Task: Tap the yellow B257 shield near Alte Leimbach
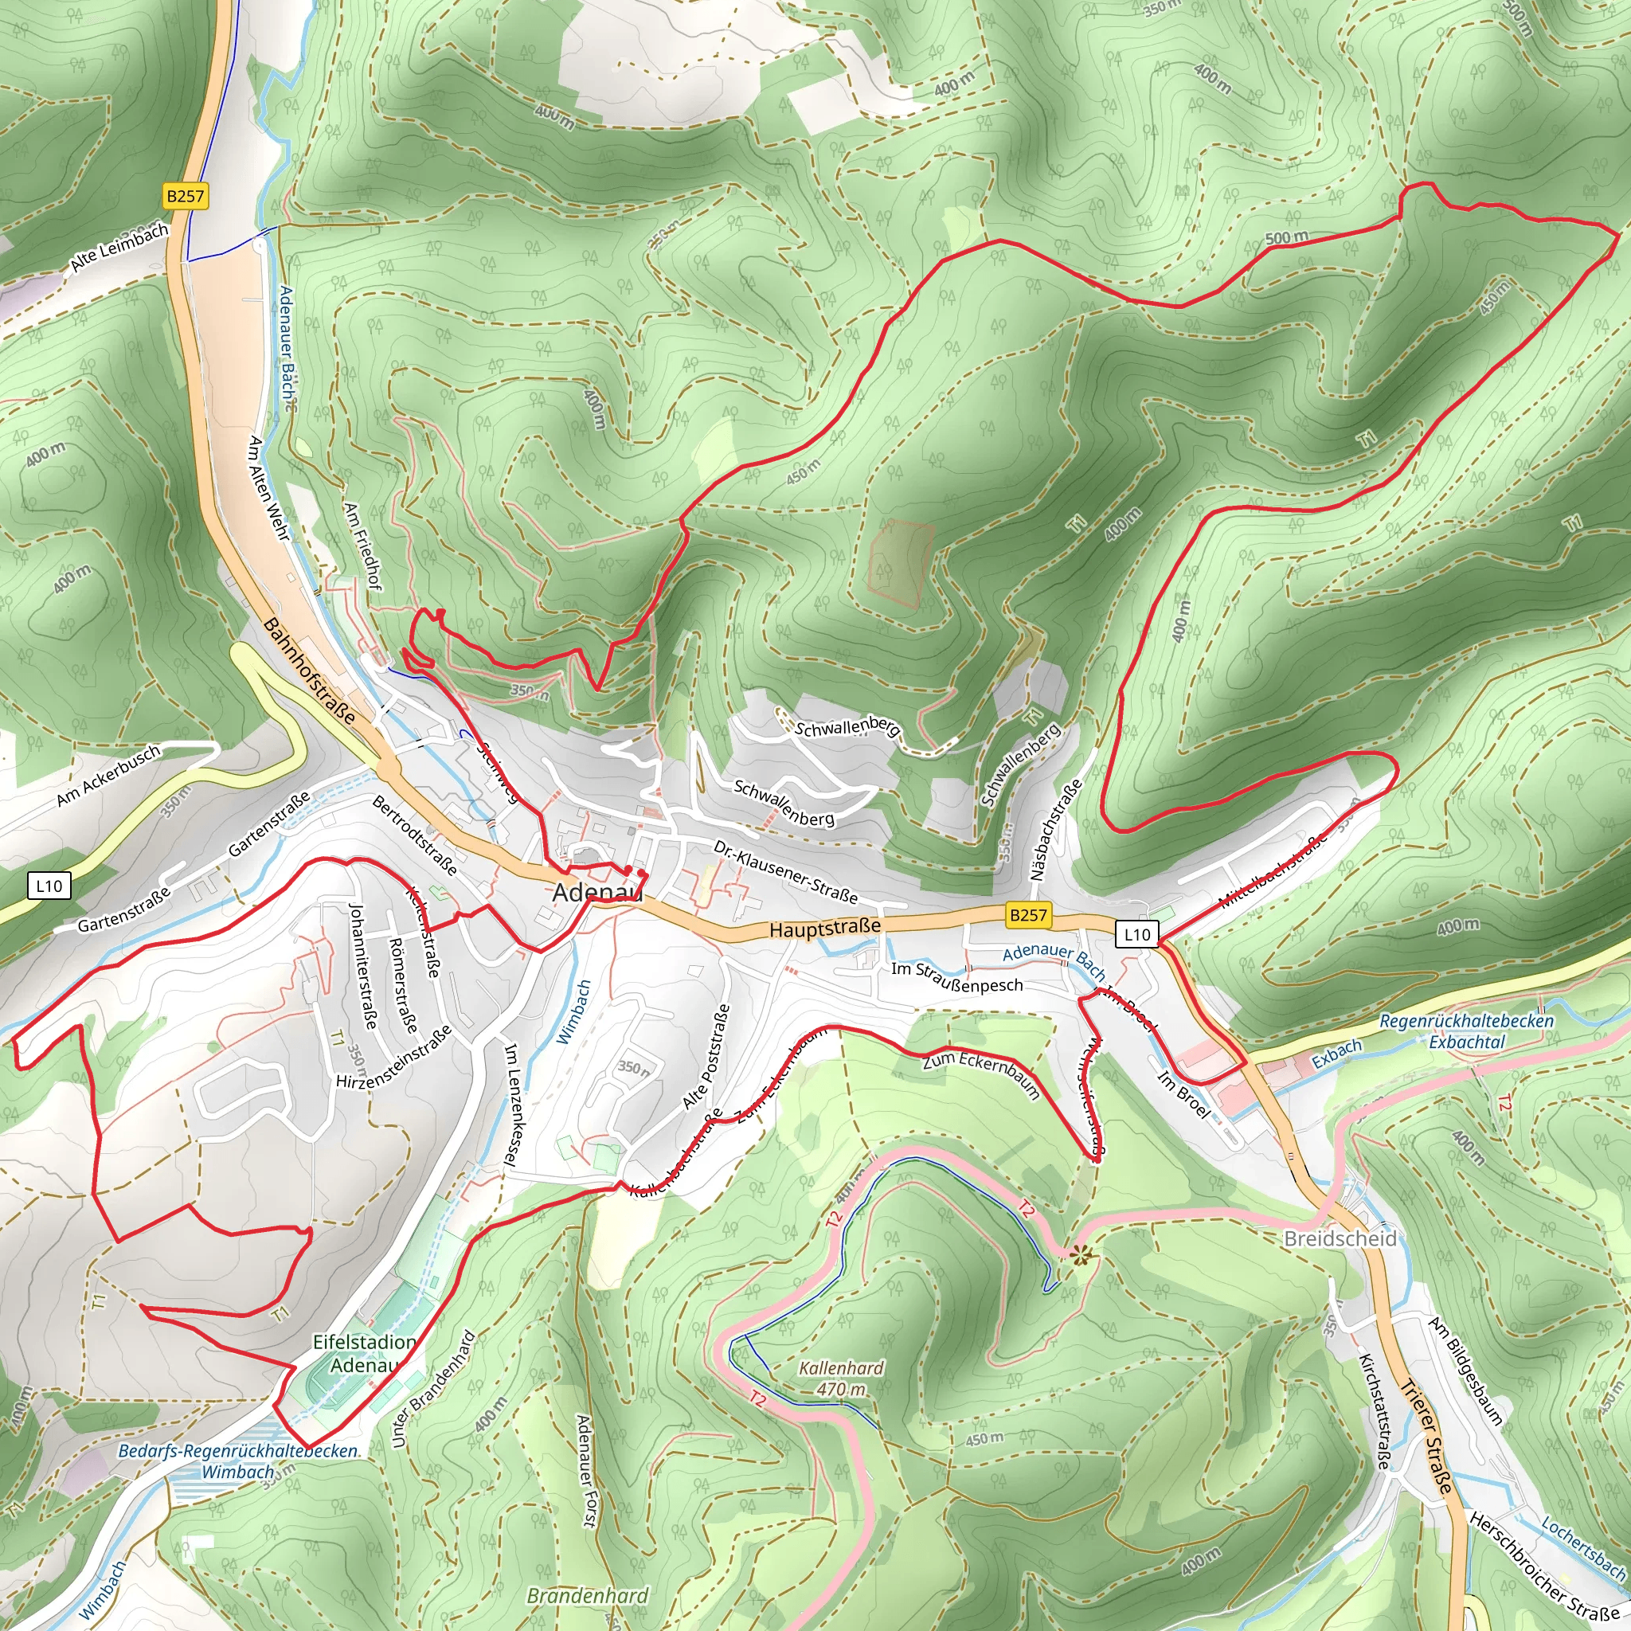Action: pos(185,197)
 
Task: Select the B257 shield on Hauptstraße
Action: pos(1028,914)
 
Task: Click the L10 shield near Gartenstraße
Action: pos(49,886)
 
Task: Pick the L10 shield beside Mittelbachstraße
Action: pos(1136,934)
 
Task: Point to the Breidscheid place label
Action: pos(1340,1238)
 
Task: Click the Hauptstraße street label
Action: pos(825,928)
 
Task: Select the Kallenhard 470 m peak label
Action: pos(842,1378)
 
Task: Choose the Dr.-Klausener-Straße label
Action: pos(785,871)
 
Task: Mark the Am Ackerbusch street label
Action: pos(108,776)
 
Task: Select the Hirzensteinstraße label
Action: pos(393,1057)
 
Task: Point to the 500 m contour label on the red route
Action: pos(1287,238)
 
